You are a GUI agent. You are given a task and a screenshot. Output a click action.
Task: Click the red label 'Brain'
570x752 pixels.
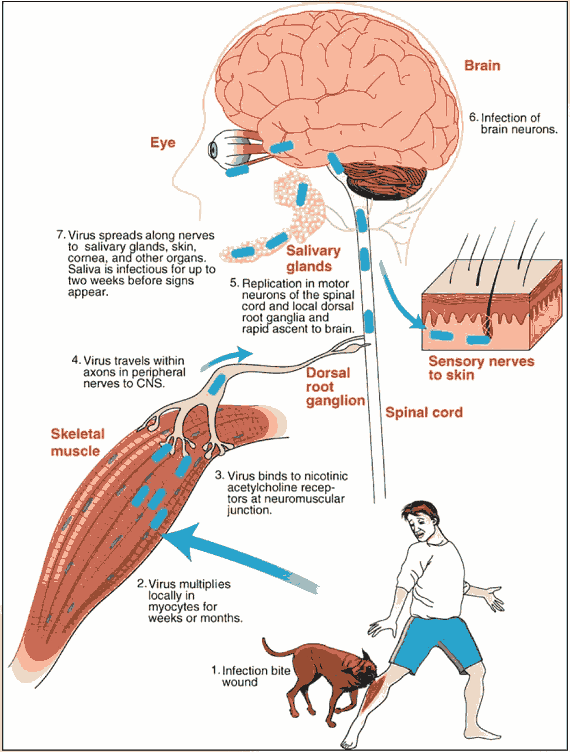(482, 66)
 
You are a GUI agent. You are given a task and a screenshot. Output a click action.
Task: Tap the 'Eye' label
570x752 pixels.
(163, 142)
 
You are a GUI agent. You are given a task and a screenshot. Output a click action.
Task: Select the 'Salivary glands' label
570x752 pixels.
(313, 258)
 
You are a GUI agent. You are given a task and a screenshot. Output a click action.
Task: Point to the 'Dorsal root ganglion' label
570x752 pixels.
(335, 386)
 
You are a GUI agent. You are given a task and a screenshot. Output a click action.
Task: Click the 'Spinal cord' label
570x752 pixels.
(424, 413)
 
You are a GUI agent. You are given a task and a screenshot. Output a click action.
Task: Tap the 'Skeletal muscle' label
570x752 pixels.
(77, 442)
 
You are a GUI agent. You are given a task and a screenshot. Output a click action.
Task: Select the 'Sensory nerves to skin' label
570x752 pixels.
(480, 368)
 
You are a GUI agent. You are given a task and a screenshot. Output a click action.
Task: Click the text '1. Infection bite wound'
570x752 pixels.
(251, 676)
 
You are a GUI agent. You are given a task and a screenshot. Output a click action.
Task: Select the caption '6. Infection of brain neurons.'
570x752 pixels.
(513, 124)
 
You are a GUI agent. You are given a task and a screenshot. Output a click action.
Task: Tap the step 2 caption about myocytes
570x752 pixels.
(190, 601)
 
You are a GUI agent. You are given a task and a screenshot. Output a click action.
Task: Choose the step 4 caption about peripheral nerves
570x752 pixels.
(128, 372)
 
